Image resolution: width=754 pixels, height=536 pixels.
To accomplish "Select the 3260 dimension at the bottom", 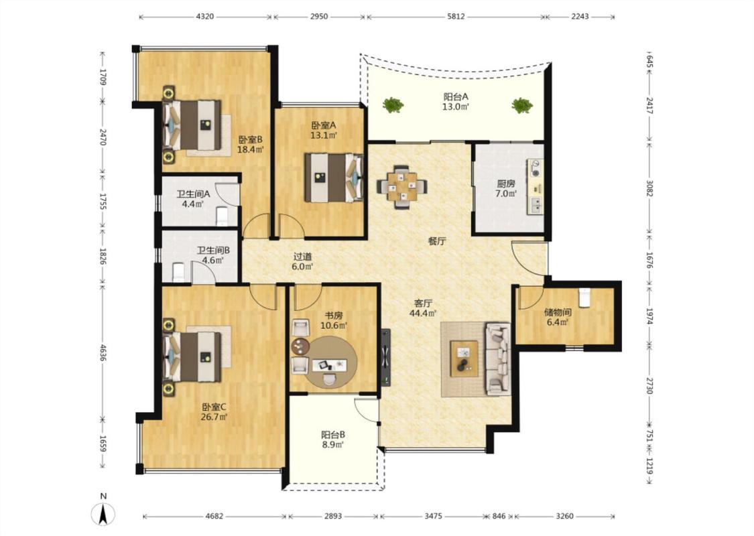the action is (x=564, y=517).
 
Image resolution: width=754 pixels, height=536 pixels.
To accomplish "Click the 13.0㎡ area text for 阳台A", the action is (x=456, y=107).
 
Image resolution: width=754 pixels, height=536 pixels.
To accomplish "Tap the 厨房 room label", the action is (x=506, y=183).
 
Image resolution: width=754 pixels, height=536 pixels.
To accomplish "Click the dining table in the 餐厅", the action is (x=402, y=186).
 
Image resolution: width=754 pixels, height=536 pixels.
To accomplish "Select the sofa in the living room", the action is (x=498, y=359).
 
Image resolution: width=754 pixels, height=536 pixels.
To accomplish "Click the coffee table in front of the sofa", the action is (x=464, y=358).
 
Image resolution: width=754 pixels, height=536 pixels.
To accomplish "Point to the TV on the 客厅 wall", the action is (x=385, y=357).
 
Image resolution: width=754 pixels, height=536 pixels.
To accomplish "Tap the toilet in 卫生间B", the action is (x=178, y=272).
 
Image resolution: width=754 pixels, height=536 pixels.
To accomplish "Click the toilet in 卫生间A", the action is (x=222, y=216).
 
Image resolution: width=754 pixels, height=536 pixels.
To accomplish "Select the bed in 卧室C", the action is (x=192, y=356).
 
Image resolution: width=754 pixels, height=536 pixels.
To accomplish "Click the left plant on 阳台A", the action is (x=393, y=105).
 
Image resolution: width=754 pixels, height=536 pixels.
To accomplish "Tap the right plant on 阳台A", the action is (x=521, y=105).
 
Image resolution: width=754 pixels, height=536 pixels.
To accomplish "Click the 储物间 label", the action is (x=558, y=312).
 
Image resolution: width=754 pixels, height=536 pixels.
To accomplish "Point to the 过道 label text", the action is (x=302, y=256).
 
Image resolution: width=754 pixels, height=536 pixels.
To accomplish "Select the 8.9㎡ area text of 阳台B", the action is (x=333, y=445).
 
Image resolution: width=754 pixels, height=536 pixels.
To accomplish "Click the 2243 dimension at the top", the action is (x=580, y=16).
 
